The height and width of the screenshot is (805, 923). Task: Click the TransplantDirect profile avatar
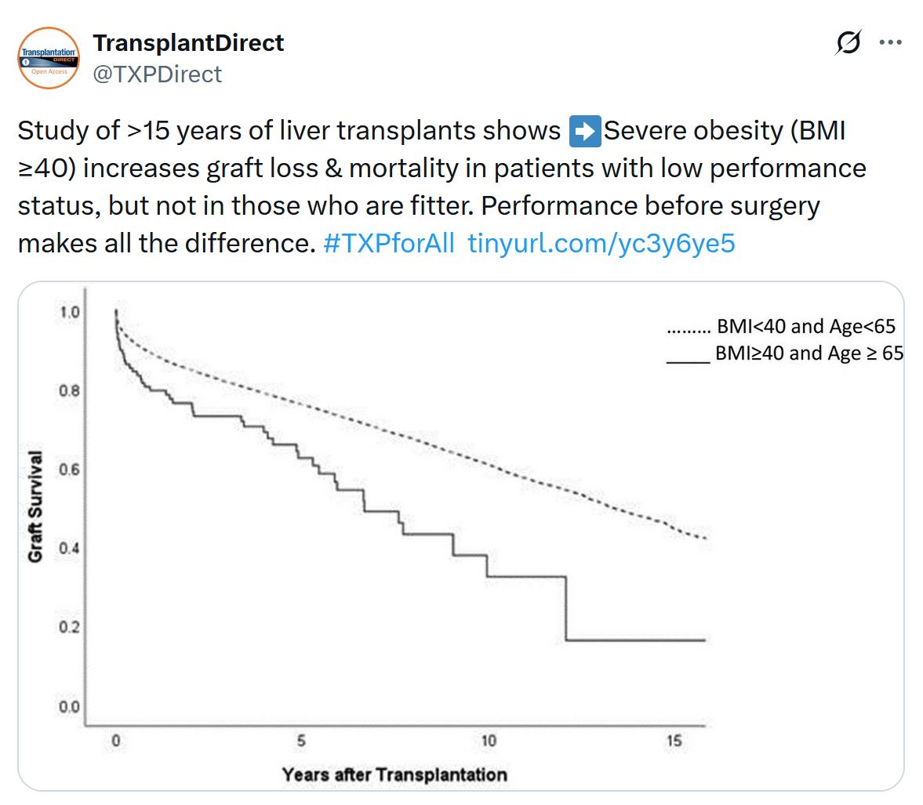pos(49,58)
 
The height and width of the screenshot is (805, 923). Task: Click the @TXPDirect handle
pos(158,74)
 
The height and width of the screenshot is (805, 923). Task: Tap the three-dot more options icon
pos(891,42)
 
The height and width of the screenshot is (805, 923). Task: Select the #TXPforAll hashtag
pos(388,244)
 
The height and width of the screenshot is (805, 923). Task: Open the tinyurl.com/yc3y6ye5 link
pos(601,244)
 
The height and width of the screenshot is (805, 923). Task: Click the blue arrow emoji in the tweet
pos(584,131)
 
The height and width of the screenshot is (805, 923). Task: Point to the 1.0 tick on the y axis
pos(70,312)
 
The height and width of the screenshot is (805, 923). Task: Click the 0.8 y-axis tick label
pos(70,390)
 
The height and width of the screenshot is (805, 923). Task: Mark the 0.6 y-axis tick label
pos(70,470)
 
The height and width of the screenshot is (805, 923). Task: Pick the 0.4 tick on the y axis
pos(70,548)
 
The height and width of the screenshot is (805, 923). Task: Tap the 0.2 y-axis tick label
pos(70,627)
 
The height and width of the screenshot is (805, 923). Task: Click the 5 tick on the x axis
pos(301,741)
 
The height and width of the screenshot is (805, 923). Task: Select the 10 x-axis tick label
pos(488,741)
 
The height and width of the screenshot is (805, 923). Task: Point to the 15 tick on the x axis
pos(674,741)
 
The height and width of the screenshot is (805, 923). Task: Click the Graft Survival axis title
pos(35,507)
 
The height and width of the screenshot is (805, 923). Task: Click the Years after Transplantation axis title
pos(394,775)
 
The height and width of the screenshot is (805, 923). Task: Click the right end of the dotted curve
pos(707,538)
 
